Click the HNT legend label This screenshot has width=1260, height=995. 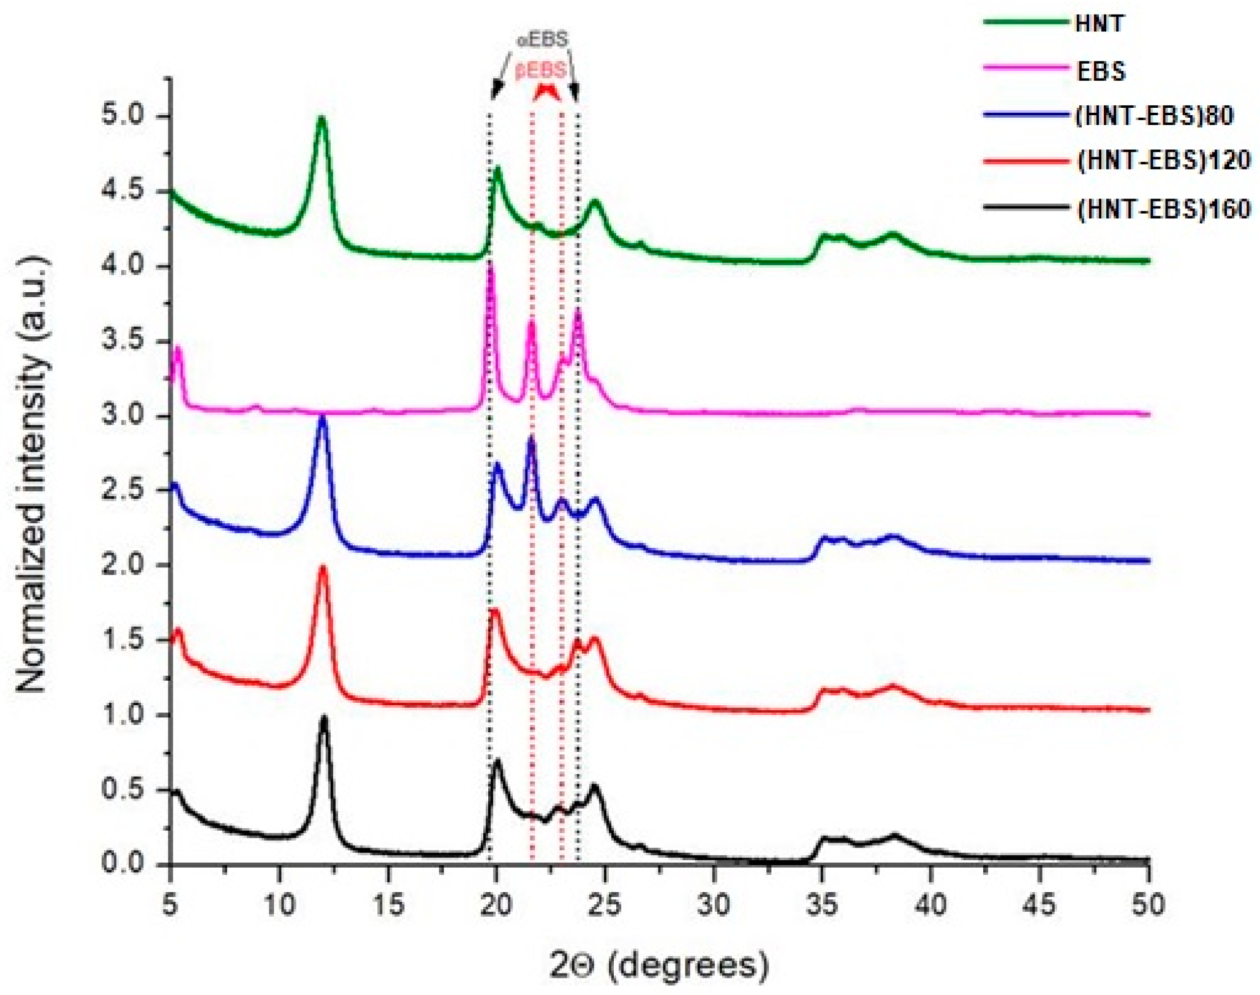pyautogui.click(x=1099, y=23)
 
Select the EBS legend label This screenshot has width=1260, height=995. pyautogui.click(x=1101, y=71)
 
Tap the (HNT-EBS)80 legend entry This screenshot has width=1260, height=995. pyautogui.click(x=1154, y=115)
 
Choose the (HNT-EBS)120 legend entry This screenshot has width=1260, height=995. pyautogui.click(x=1163, y=161)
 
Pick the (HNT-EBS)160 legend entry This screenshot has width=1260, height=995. pyautogui.click(x=1163, y=209)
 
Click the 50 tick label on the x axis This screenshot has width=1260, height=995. pyautogui.click(x=1147, y=904)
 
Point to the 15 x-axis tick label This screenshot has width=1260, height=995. pyautogui.click(x=388, y=904)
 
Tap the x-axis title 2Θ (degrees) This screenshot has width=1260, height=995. pyautogui.click(x=658, y=966)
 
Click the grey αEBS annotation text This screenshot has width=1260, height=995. pyautogui.click(x=543, y=40)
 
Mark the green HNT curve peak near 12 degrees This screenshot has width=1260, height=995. pyautogui.click(x=321, y=119)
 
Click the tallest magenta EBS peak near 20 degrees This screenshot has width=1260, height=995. pyautogui.click(x=489, y=265)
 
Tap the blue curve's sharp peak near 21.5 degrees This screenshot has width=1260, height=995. pyautogui.click(x=531, y=439)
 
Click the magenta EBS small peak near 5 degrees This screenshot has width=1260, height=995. pyautogui.click(x=178, y=349)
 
